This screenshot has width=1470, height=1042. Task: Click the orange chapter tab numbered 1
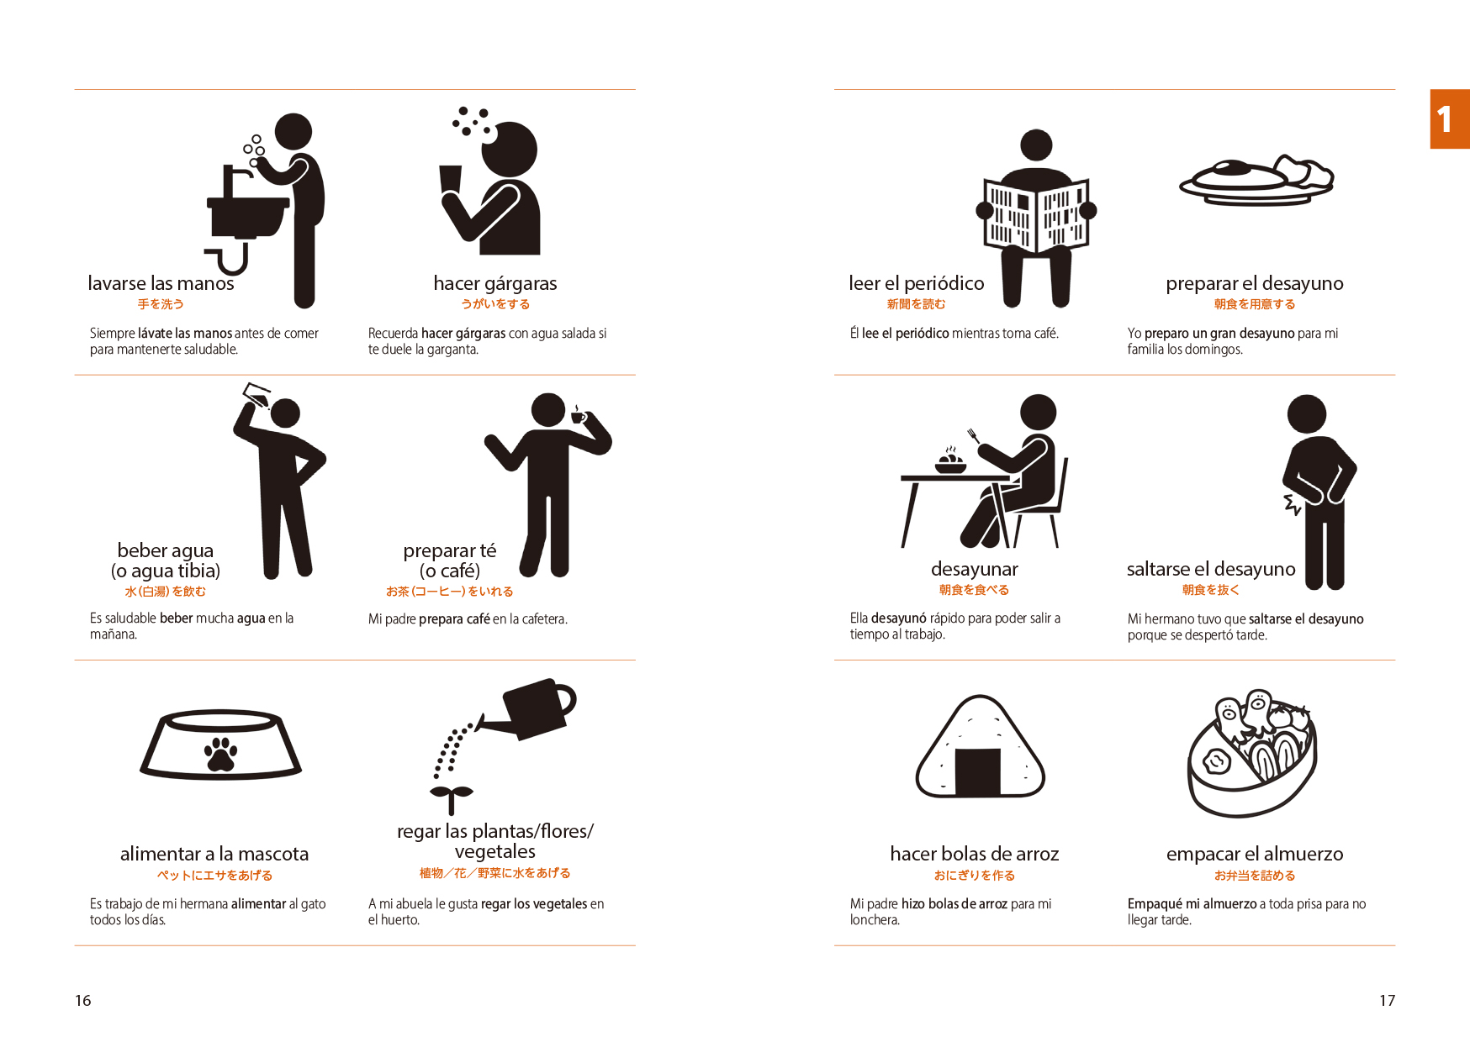tap(1450, 118)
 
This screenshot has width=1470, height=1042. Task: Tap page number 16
tap(83, 1000)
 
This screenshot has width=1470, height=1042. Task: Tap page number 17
tap(1387, 1000)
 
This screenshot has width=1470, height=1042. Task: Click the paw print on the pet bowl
tap(221, 754)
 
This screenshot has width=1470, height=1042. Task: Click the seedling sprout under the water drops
tap(452, 799)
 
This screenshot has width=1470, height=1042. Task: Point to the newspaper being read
tap(1036, 215)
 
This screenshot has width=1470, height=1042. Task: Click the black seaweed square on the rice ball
tap(978, 771)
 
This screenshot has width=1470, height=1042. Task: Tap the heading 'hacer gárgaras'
tap(495, 283)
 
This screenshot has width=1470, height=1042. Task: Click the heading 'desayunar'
tap(974, 569)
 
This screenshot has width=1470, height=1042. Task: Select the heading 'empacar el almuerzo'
tap(1255, 854)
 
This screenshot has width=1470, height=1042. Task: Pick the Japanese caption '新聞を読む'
tap(916, 304)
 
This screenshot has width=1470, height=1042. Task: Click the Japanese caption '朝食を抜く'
tap(1211, 590)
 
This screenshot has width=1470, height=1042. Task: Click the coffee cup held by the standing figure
tap(579, 416)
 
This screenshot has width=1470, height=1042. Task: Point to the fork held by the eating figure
tap(974, 435)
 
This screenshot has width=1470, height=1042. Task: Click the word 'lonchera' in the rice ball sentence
tap(874, 920)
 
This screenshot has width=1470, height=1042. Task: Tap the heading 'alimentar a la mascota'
tap(214, 854)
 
